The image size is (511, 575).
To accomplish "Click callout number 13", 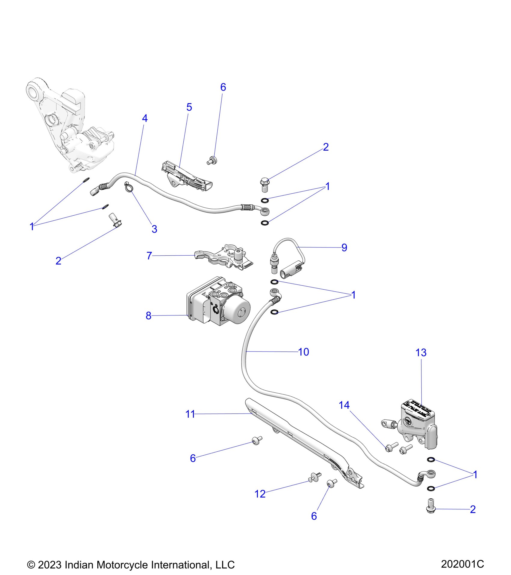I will click(421, 353).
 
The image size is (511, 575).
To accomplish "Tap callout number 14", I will click(344, 405).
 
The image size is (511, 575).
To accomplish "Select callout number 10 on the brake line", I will click(303, 352).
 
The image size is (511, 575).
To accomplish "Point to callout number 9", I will click(344, 248).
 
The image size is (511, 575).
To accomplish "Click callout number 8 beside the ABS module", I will click(148, 316).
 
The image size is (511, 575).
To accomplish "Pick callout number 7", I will click(149, 256).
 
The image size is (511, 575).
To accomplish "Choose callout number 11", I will click(190, 414).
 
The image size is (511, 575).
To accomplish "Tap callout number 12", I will click(260, 494).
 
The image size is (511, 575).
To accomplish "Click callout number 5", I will click(189, 107).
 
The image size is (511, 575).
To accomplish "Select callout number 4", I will click(145, 118).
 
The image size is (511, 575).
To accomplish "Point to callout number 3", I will click(154, 229).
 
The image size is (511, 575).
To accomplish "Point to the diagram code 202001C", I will click(462, 564).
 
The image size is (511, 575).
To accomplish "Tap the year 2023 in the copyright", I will click(50, 565).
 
